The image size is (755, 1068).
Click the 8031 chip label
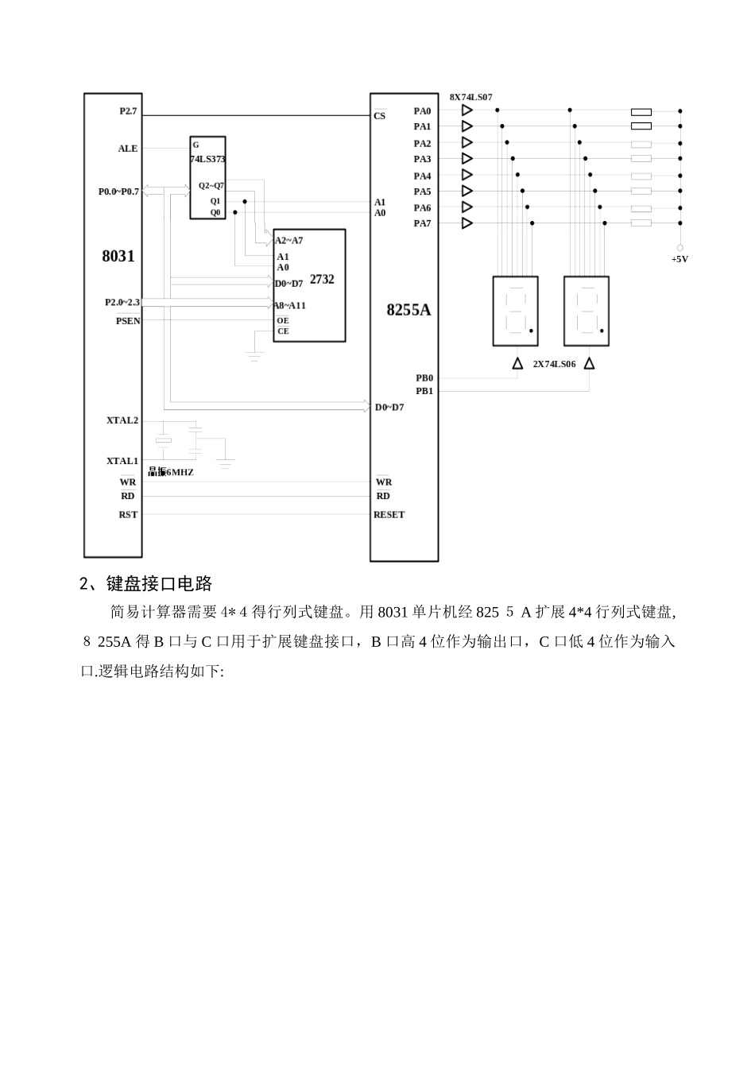[118, 256]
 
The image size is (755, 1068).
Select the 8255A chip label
[408, 310]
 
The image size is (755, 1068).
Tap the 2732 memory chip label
[322, 280]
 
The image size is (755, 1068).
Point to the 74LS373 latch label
[207, 159]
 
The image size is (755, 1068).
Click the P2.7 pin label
[128, 111]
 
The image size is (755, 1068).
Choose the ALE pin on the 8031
[128, 149]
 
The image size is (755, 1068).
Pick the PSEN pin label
[128, 321]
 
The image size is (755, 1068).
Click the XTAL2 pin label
[122, 420]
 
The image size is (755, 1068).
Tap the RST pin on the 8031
[128, 515]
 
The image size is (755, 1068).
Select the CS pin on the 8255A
[380, 116]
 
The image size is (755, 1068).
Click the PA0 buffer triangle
[467, 110]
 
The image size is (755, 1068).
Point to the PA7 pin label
[422, 223]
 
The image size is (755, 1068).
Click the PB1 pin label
[424, 391]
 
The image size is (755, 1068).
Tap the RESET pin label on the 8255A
[389, 515]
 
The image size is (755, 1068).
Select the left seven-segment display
[515, 311]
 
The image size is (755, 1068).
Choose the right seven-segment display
[586, 311]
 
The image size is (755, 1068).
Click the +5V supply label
[679, 259]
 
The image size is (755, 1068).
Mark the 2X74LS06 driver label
[554, 364]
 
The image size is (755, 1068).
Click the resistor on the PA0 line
[641, 112]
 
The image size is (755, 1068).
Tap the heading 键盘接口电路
[159, 584]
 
